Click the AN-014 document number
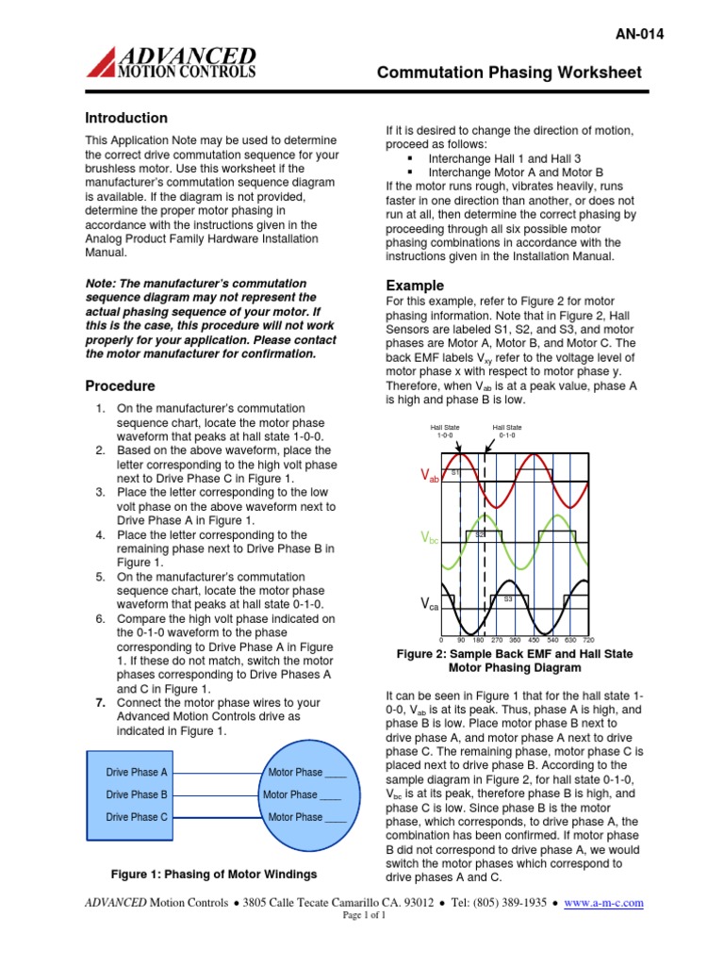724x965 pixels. [x=638, y=34]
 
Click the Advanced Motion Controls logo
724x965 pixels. [x=171, y=61]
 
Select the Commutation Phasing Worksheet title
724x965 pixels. [x=509, y=73]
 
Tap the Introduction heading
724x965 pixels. [x=126, y=118]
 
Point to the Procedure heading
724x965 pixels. [x=120, y=385]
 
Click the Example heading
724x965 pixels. [x=415, y=286]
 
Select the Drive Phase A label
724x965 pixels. [x=137, y=772]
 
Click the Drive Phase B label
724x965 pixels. [x=137, y=794]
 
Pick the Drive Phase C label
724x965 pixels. [x=137, y=817]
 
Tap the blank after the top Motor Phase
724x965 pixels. [x=336, y=773]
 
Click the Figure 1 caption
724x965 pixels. [x=214, y=874]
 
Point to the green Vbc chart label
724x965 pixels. [x=430, y=537]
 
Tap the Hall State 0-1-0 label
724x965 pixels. [x=506, y=431]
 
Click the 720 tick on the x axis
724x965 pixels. [x=614, y=640]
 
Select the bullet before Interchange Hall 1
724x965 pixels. [x=412, y=158]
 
